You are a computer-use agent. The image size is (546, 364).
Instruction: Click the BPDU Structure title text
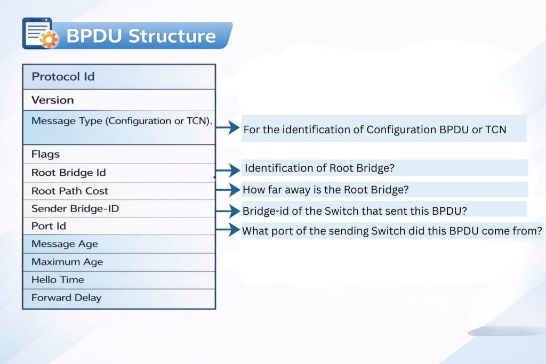coord(141,36)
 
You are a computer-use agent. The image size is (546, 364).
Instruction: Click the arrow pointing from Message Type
coord(228,128)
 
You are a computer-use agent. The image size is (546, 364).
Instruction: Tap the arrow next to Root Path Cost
coord(228,189)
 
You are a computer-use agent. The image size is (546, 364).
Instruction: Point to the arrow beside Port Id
coord(228,230)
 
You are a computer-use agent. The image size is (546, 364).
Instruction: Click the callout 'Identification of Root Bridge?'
coord(319,168)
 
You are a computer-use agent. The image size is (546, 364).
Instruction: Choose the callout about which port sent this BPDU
coord(392,231)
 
